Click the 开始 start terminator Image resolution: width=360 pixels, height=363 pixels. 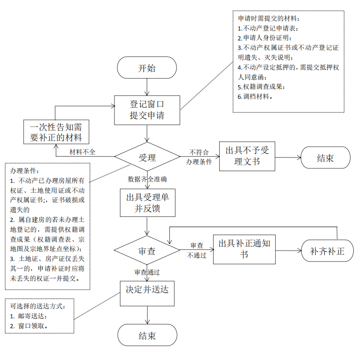(x=147, y=68)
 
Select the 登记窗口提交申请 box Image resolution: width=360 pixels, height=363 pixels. (x=147, y=110)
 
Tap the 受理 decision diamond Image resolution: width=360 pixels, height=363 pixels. (x=147, y=157)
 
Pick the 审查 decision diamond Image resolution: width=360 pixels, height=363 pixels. (x=147, y=250)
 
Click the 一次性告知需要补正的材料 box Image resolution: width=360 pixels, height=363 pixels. (x=56, y=132)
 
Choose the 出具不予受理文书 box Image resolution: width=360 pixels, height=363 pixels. (x=247, y=156)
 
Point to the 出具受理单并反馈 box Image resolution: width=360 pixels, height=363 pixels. (x=148, y=203)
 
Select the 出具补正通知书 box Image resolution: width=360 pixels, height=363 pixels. (x=244, y=249)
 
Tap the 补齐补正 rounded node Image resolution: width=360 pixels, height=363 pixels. (x=328, y=251)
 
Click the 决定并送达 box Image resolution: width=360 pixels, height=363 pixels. (x=147, y=293)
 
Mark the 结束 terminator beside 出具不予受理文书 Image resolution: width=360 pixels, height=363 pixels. (x=326, y=158)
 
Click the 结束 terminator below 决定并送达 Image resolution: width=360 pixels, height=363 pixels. (x=147, y=335)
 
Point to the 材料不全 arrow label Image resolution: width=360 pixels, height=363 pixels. (x=82, y=152)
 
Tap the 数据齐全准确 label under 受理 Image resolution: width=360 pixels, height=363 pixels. (x=147, y=179)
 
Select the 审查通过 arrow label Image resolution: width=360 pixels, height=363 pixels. (x=147, y=272)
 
